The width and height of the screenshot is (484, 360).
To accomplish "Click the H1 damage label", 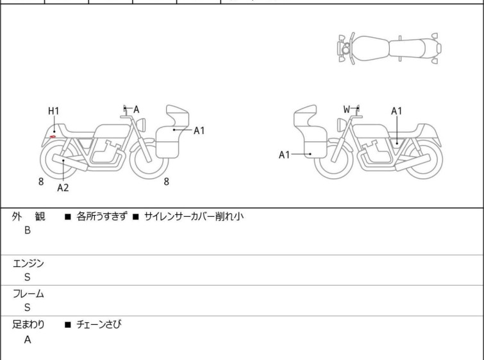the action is point(53,111).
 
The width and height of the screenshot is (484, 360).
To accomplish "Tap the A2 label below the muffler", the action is point(63,187).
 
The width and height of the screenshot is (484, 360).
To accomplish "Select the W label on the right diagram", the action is point(347,109).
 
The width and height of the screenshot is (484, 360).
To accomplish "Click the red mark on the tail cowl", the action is point(53,137).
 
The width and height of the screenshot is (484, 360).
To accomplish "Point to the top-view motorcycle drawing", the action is point(389,48).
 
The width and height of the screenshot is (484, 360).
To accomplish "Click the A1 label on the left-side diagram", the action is point(199,131).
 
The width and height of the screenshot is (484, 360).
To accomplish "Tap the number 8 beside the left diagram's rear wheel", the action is point(41,182).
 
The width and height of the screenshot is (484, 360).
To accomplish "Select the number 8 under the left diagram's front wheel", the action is point(167,182).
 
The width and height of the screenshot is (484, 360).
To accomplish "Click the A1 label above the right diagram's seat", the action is point(397,111).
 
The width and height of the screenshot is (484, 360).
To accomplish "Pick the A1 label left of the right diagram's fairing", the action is point(284,155).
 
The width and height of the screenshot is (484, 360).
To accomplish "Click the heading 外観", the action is point(28,216).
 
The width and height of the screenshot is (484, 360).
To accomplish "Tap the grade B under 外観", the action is point(28,230).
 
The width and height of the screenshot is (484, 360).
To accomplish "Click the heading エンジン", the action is point(28,263).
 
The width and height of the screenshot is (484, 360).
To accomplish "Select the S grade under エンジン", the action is point(28,277).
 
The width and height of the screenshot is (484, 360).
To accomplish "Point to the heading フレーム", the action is point(28,293).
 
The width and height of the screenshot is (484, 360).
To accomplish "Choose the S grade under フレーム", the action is point(28,307).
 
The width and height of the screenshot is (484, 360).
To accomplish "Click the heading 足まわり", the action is point(28,324).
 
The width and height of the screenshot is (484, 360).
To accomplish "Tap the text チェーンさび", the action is point(99,324).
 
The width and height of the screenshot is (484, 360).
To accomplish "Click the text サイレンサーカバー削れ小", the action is point(194,216).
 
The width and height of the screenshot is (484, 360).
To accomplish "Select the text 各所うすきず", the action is point(102,216).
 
